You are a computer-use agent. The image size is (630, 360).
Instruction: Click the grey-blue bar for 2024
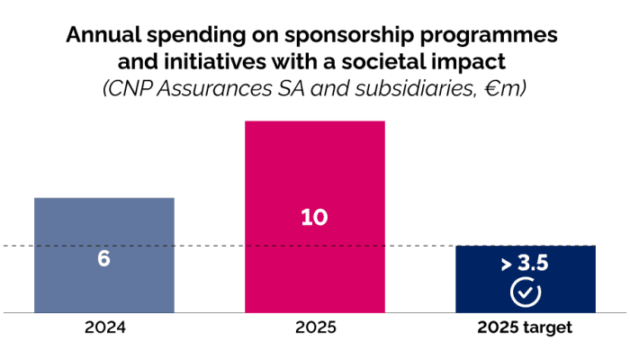point(103,225)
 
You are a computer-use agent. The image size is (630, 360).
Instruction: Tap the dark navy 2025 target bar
point(526,279)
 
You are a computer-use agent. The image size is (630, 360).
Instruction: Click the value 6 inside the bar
point(103,258)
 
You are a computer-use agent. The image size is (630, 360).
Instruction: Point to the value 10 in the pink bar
point(315,218)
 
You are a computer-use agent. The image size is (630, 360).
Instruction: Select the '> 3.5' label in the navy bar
point(526,265)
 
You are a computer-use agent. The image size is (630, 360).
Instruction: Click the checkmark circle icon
point(526,292)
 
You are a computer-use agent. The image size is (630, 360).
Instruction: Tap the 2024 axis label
point(103,328)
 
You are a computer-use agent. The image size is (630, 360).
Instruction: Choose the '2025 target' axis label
point(526,328)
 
